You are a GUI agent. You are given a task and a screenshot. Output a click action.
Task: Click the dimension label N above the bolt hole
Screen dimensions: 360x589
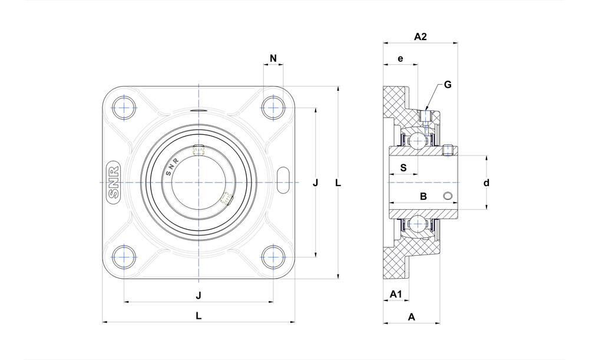click(x=273, y=58)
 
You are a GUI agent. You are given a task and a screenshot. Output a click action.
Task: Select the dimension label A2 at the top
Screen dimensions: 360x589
click(x=420, y=37)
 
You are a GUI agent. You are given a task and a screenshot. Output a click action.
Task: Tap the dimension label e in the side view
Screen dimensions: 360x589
click(x=401, y=58)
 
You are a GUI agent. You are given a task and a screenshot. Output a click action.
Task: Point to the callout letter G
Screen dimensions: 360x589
click(x=448, y=84)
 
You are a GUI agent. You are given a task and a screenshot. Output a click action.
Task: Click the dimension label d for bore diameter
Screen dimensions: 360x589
click(x=487, y=183)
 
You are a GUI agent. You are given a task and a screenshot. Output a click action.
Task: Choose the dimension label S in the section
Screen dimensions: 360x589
click(x=403, y=167)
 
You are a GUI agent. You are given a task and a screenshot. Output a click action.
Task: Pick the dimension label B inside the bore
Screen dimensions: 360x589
click(x=422, y=197)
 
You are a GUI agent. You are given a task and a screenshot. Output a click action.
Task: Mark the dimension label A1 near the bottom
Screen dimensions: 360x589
click(x=396, y=293)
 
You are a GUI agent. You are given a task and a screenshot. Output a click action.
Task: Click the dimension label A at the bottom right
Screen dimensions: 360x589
click(x=412, y=317)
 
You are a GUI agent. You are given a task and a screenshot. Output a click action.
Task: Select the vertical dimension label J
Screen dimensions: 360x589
click(x=316, y=183)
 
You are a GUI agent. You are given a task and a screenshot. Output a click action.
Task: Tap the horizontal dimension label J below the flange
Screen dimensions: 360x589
click(x=198, y=295)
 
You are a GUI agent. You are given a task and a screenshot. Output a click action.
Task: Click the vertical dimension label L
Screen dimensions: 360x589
click(x=338, y=183)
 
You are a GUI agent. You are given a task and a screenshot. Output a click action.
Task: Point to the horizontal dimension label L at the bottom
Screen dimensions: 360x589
click(x=198, y=316)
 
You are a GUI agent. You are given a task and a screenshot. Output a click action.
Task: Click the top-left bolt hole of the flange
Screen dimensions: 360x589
click(x=124, y=108)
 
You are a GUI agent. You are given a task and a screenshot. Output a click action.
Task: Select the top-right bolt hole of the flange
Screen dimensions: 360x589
click(x=273, y=108)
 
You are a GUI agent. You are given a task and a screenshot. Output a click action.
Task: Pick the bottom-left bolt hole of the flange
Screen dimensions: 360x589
click(x=124, y=257)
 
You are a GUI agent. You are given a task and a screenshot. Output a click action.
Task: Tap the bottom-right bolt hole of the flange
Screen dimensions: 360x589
click(x=273, y=257)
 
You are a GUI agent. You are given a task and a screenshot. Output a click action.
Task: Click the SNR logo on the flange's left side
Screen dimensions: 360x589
click(x=114, y=183)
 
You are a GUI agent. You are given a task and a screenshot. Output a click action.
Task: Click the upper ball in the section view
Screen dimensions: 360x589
click(x=418, y=140)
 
